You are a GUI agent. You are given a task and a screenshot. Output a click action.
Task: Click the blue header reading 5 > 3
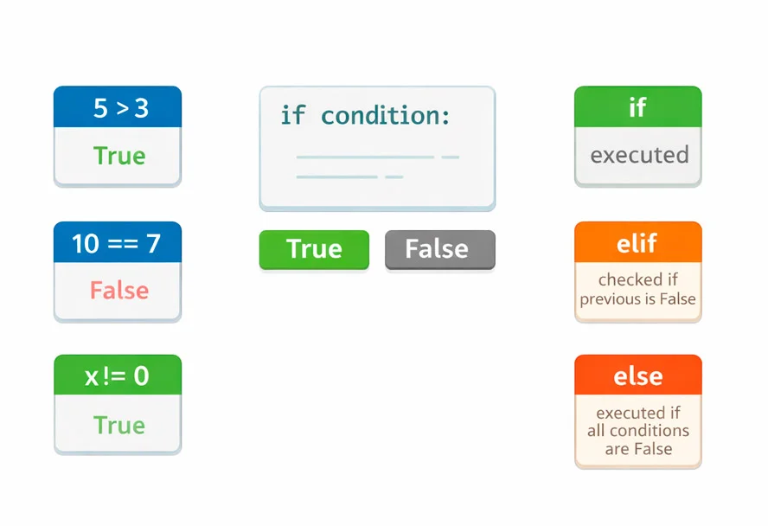tap(118, 107)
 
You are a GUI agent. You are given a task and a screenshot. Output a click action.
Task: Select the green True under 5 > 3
tap(119, 156)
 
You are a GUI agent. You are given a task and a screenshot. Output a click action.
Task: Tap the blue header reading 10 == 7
tap(118, 243)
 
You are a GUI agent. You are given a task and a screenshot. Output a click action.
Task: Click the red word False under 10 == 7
tap(119, 291)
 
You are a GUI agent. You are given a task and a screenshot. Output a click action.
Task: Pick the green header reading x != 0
tap(118, 375)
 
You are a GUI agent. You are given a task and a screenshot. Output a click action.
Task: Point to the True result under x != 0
tap(119, 425)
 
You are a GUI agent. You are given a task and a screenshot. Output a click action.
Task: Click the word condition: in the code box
tap(386, 116)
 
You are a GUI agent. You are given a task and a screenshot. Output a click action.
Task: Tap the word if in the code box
tap(292, 115)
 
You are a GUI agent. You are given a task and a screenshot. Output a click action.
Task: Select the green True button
tap(314, 249)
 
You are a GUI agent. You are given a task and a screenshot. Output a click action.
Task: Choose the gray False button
tap(439, 249)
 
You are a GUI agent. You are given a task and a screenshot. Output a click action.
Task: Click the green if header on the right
tap(637, 107)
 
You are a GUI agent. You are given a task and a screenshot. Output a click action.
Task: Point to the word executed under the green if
tap(639, 156)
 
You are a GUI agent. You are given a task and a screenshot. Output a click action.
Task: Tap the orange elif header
tap(637, 243)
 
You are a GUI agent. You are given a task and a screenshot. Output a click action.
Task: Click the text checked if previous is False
tap(638, 289)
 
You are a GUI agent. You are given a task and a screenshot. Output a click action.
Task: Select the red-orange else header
tap(637, 376)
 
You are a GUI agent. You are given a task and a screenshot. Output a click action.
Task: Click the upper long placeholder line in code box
tap(364, 157)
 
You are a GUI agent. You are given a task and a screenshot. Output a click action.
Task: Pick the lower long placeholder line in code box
tap(336, 177)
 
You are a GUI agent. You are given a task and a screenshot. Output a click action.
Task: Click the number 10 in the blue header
tap(86, 243)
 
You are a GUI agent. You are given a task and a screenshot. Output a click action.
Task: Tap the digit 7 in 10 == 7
tap(153, 243)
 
